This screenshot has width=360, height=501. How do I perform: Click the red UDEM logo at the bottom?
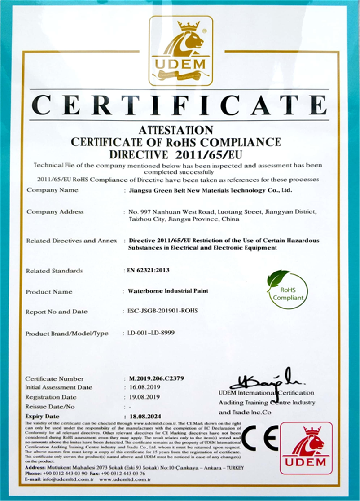pyautogui.click(x=306, y=450)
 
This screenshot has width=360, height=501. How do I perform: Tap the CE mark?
pyautogui.click(x=260, y=439)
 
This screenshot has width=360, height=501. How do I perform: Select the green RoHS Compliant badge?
pyautogui.click(x=286, y=288)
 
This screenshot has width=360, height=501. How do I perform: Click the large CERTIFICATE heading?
pyautogui.click(x=180, y=106)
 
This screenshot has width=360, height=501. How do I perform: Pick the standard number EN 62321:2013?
pyautogui.click(x=146, y=270)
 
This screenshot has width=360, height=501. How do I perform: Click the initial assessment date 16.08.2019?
pyautogui.click(x=144, y=388)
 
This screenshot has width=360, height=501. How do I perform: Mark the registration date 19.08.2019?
pyautogui.click(x=144, y=397)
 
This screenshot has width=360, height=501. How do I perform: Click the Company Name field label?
pyautogui.click(x=52, y=190)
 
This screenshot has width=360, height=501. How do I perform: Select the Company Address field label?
pyautogui.click(x=55, y=212)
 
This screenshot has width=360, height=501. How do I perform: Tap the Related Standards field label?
pyautogui.click(x=54, y=271)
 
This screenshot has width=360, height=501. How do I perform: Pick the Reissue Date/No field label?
pyautogui.click(x=50, y=406)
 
